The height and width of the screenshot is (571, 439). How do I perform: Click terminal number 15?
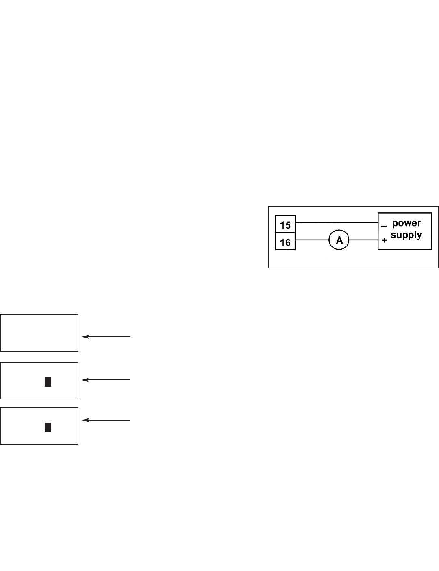[x=285, y=225]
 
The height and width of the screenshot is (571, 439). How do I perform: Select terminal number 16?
[x=285, y=242]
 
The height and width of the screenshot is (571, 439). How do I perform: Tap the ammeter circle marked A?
[x=339, y=240]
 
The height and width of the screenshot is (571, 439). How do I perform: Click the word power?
[x=406, y=223]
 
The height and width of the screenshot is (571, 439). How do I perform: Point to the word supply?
[x=406, y=235]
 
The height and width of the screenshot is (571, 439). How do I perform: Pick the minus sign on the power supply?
[x=384, y=225]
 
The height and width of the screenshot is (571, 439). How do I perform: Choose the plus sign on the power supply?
[x=384, y=240]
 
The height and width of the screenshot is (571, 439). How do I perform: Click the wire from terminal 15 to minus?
[x=337, y=222]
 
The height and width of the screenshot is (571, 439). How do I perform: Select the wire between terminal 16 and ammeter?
[x=312, y=240]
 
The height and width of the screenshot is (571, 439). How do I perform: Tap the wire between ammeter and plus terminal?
[x=363, y=240]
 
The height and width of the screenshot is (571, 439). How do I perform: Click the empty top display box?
[x=39, y=332]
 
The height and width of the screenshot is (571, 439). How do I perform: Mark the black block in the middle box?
[x=48, y=382]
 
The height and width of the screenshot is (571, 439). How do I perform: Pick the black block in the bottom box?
[x=48, y=427]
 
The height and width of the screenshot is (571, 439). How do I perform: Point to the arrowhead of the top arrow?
[x=85, y=337]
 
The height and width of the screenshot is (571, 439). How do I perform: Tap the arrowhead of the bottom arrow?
[x=85, y=420]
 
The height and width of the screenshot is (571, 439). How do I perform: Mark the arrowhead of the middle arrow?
[x=85, y=380]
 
